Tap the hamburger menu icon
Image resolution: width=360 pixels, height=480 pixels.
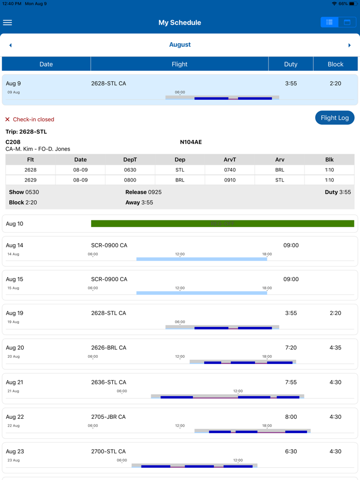coord(8,23)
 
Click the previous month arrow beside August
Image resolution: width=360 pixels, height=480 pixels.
coord(10,45)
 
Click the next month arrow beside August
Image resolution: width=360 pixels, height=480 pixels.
coord(350,45)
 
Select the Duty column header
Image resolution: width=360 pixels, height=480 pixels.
coord(291,64)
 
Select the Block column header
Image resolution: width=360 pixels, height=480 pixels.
coord(335,64)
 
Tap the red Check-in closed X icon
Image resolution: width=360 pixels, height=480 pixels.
coord(7,119)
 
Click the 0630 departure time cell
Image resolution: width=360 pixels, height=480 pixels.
coord(130,170)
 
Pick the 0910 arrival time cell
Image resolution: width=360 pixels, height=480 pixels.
coord(229,180)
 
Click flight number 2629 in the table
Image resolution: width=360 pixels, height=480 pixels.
coord(30,180)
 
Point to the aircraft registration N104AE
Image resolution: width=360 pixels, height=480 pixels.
coord(191,142)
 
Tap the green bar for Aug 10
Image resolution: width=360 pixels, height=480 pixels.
coord(222,224)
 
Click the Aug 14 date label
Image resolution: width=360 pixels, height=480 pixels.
coord(14,245)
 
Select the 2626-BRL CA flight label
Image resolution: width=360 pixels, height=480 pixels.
coord(109,347)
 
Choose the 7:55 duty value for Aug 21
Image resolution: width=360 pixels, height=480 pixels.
coord(291,382)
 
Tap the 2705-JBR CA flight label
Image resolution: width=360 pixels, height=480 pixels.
coord(109,417)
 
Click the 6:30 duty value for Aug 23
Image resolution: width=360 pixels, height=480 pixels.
coord(291,451)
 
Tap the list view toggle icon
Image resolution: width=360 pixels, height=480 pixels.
coord(330,22)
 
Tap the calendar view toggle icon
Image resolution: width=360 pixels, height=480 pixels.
coord(347,22)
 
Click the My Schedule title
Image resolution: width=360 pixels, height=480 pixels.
coord(179,23)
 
